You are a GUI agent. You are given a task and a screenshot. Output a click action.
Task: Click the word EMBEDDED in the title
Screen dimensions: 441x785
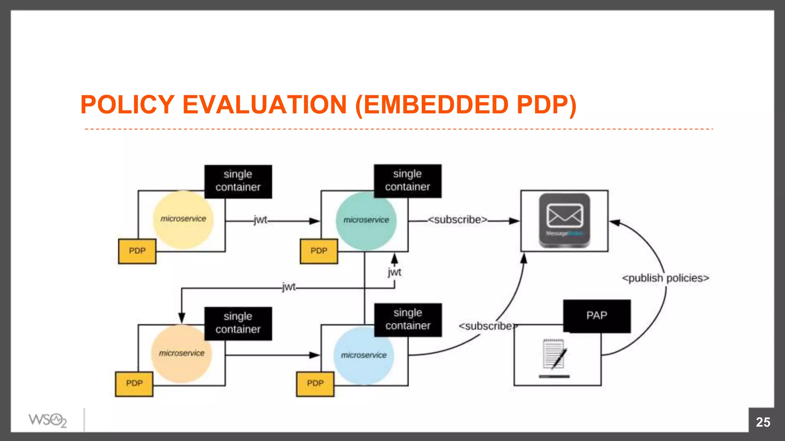[435, 105]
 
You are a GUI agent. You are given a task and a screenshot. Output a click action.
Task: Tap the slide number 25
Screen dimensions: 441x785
[763, 422]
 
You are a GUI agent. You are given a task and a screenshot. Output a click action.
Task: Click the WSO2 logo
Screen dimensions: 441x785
[48, 420]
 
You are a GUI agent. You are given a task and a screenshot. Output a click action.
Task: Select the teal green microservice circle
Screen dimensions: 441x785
[366, 221]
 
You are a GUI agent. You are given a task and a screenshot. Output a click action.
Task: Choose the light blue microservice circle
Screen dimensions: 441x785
[363, 356]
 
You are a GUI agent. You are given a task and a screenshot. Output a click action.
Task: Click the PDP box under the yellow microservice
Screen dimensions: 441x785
[137, 251]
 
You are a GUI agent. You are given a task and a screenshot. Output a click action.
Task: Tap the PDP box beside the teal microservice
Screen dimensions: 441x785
[319, 251]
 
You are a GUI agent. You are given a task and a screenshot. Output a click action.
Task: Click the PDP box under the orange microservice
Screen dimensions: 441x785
[134, 384]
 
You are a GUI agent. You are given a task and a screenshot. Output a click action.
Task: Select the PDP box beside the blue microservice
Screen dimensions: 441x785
[315, 384]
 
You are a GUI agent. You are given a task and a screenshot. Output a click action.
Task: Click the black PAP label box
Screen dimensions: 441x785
[596, 316]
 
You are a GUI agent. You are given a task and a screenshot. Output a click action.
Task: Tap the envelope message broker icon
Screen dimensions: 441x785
[564, 220]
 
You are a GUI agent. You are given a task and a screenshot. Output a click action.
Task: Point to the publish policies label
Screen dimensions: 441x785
[665, 278]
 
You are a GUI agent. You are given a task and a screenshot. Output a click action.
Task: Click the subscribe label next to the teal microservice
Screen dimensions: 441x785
[458, 220]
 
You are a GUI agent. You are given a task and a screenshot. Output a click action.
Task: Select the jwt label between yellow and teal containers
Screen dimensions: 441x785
[260, 220]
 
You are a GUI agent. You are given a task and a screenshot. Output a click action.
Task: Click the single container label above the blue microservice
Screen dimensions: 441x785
[408, 319]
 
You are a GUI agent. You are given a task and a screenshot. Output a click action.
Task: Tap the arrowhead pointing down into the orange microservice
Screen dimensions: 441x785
[182, 318]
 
